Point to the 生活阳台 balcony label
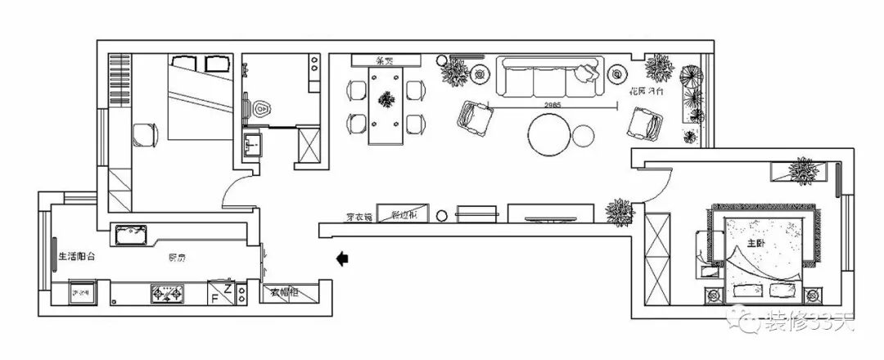coord(77,256)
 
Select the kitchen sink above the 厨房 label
coord(131,236)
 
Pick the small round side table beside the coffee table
coord(585,136)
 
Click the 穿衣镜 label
coord(359,218)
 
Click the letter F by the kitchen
coord(214,298)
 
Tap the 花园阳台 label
coord(645,93)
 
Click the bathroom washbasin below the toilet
coord(251,147)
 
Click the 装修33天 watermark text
coord(805,324)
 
